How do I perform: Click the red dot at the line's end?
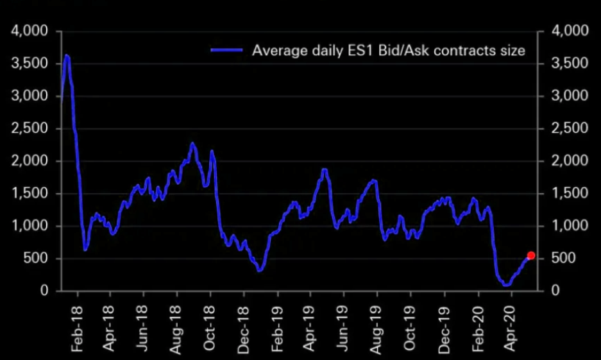tap(531, 255)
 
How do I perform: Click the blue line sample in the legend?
tap(226, 50)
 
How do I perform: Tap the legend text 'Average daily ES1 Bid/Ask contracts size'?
tap(389, 50)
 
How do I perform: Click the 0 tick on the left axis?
tap(44, 291)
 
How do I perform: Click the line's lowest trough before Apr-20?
tap(507, 285)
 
